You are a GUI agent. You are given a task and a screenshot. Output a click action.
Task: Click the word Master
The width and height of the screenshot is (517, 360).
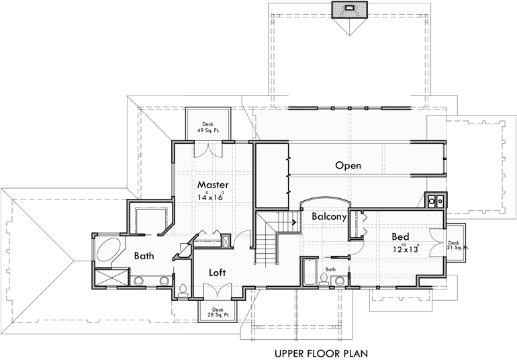(x=213, y=185)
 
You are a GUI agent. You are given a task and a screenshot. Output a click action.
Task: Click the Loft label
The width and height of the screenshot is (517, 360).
(x=217, y=273)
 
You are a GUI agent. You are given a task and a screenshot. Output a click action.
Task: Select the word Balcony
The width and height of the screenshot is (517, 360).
(x=329, y=217)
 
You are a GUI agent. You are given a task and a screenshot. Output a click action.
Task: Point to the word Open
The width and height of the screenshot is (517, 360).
(x=348, y=165)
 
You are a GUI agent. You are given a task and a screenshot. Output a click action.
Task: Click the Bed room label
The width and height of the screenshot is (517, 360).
(x=401, y=236)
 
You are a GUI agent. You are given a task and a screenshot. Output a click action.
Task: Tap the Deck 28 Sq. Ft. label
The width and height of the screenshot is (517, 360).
(x=218, y=312)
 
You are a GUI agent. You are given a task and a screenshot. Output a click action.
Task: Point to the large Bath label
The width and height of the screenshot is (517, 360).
(x=144, y=256)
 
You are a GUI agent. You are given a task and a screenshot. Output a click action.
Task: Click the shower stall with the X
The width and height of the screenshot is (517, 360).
(x=109, y=277)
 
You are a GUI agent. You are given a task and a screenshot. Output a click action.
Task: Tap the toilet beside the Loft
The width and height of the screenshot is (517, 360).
(x=183, y=289)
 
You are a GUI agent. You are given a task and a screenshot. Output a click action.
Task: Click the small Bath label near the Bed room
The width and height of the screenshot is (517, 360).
(x=330, y=269)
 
